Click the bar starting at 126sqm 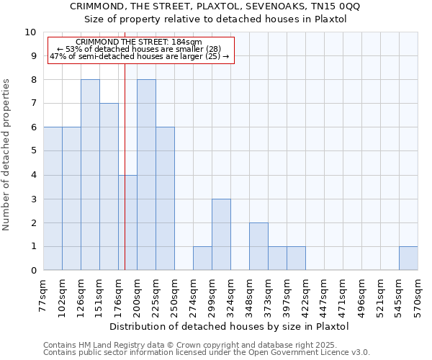pyautogui.click(x=90, y=175)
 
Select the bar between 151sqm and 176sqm pyautogui.click(x=109, y=186)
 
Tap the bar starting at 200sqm pyautogui.click(x=146, y=175)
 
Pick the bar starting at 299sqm pyautogui.click(x=221, y=235)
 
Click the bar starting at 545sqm pyautogui.click(x=408, y=258)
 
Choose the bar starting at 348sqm pyautogui.click(x=258, y=246)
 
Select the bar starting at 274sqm pyautogui.click(x=202, y=258)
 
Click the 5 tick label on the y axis pyautogui.click(x=32, y=151)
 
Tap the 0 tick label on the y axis pyautogui.click(x=32, y=271)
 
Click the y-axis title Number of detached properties pyautogui.click(x=7, y=155)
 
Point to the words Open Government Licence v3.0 pyautogui.click(x=315, y=353)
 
